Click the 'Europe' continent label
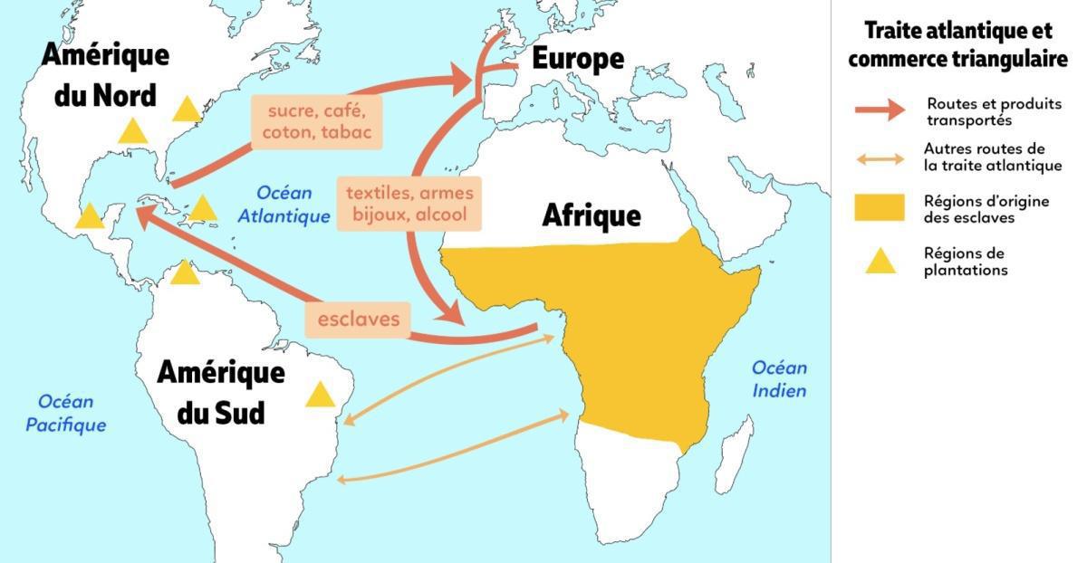pos(577,59)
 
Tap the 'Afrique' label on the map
pos(591,215)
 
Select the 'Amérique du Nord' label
pos(105,74)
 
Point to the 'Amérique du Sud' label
pos(220,392)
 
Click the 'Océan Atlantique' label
pos(284,205)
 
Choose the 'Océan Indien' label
pos(779,379)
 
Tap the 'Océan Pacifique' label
pos(65,413)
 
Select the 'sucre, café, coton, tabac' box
pos(316,122)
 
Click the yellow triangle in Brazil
pos(320,396)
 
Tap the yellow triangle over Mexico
pos(89,217)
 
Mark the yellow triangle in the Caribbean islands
pos(202,210)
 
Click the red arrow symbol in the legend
pos(879,110)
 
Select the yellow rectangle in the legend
pos(879,207)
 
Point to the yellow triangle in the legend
pos(880,262)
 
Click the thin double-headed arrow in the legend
pos(879,159)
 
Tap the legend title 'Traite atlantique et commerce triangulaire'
pos(957,44)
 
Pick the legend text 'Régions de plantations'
pos(966,262)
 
